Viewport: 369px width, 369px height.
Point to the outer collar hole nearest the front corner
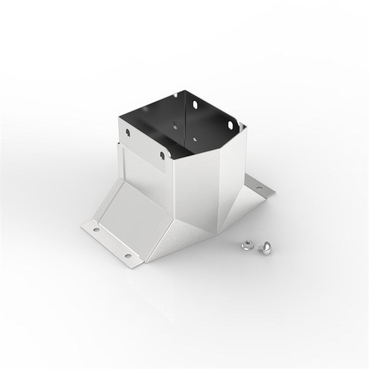coord(162,155)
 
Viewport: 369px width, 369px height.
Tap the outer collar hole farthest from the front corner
coord(127,132)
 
